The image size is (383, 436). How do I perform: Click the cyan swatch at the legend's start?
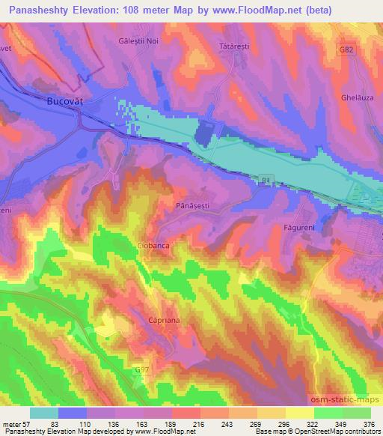44,413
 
